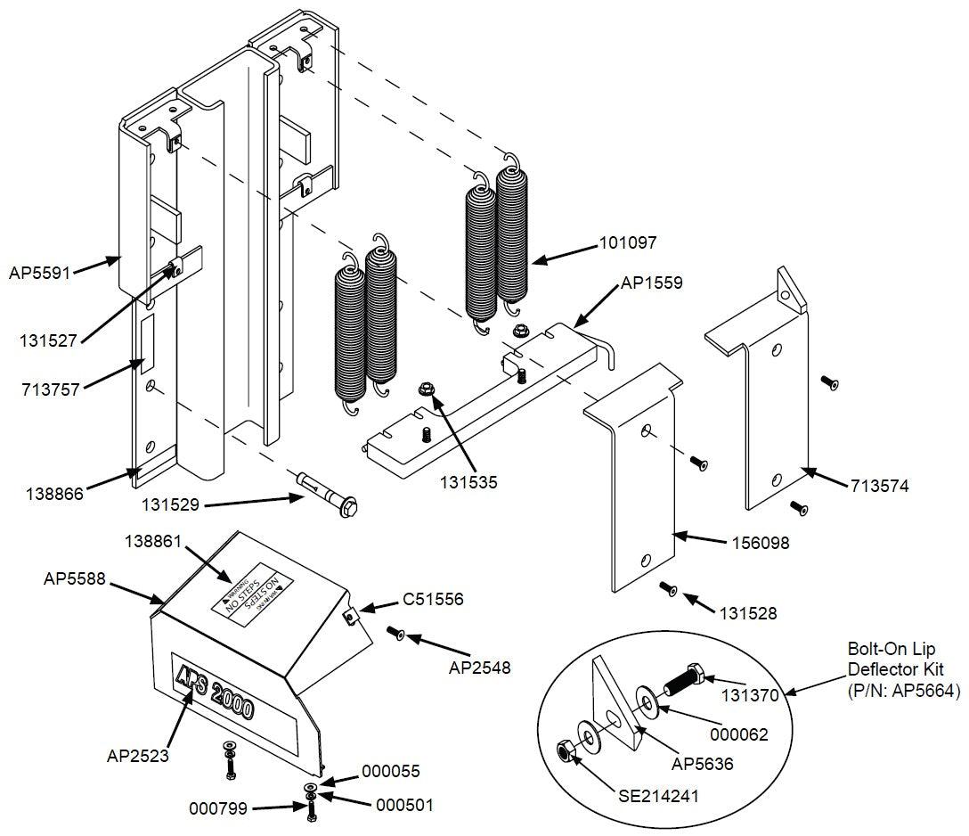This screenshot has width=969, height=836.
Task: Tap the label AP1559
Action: coord(652,283)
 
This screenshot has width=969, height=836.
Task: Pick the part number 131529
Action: coord(176,504)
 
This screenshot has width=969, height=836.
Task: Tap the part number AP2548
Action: coord(479,666)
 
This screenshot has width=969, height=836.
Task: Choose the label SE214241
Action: coord(658,794)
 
